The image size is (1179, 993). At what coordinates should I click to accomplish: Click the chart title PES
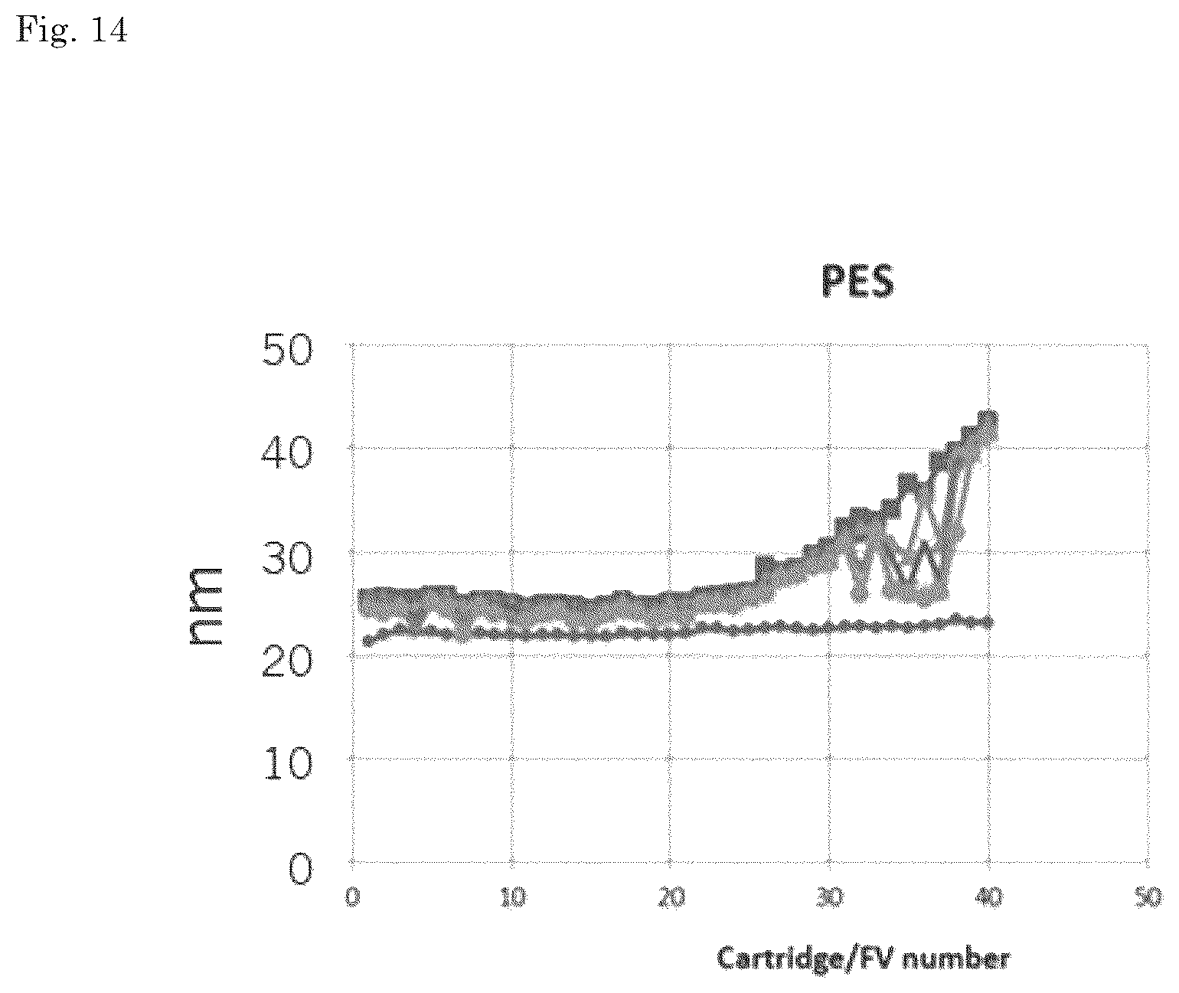[x=857, y=281]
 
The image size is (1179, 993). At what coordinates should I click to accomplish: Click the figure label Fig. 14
[x=72, y=29]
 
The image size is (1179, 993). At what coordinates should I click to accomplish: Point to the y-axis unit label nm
[x=205, y=606]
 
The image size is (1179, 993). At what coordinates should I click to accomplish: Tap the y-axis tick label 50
[x=287, y=350]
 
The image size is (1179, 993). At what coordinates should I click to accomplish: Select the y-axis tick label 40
[x=287, y=452]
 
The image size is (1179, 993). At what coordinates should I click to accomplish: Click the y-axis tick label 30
[x=287, y=557]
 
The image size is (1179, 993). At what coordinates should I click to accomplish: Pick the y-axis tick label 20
[x=287, y=661]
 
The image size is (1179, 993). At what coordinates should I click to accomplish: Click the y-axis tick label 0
[x=300, y=869]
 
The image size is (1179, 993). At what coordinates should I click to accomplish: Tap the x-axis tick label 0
[x=352, y=897]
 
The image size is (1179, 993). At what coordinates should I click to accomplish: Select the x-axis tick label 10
[x=513, y=897]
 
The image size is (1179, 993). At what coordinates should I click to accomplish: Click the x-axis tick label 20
[x=671, y=897]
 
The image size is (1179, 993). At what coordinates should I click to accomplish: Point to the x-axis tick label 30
[x=830, y=897]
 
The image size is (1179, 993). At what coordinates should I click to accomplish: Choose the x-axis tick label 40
[x=989, y=897]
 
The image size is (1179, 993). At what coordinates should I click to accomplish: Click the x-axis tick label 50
[x=1148, y=897]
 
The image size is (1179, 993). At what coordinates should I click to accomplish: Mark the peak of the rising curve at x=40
[x=988, y=418]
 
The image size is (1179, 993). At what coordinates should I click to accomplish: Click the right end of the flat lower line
[x=990, y=623]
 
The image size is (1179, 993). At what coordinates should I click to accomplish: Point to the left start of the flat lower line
[x=368, y=641]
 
